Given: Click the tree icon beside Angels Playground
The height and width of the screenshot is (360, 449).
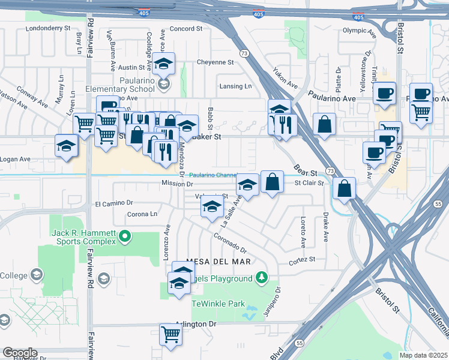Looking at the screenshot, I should click(261, 277).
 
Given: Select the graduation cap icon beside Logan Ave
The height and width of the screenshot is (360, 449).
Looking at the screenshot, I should click(66, 145).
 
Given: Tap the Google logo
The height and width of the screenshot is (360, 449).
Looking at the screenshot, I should click(20, 352).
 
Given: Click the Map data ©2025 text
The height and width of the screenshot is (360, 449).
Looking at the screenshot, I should click(423, 355).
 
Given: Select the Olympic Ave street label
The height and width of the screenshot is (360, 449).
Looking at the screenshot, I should click(358, 30).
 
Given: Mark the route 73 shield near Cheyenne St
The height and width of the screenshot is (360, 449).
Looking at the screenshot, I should click(244, 53).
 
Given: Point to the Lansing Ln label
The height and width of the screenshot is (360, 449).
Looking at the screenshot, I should click(236, 86).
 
